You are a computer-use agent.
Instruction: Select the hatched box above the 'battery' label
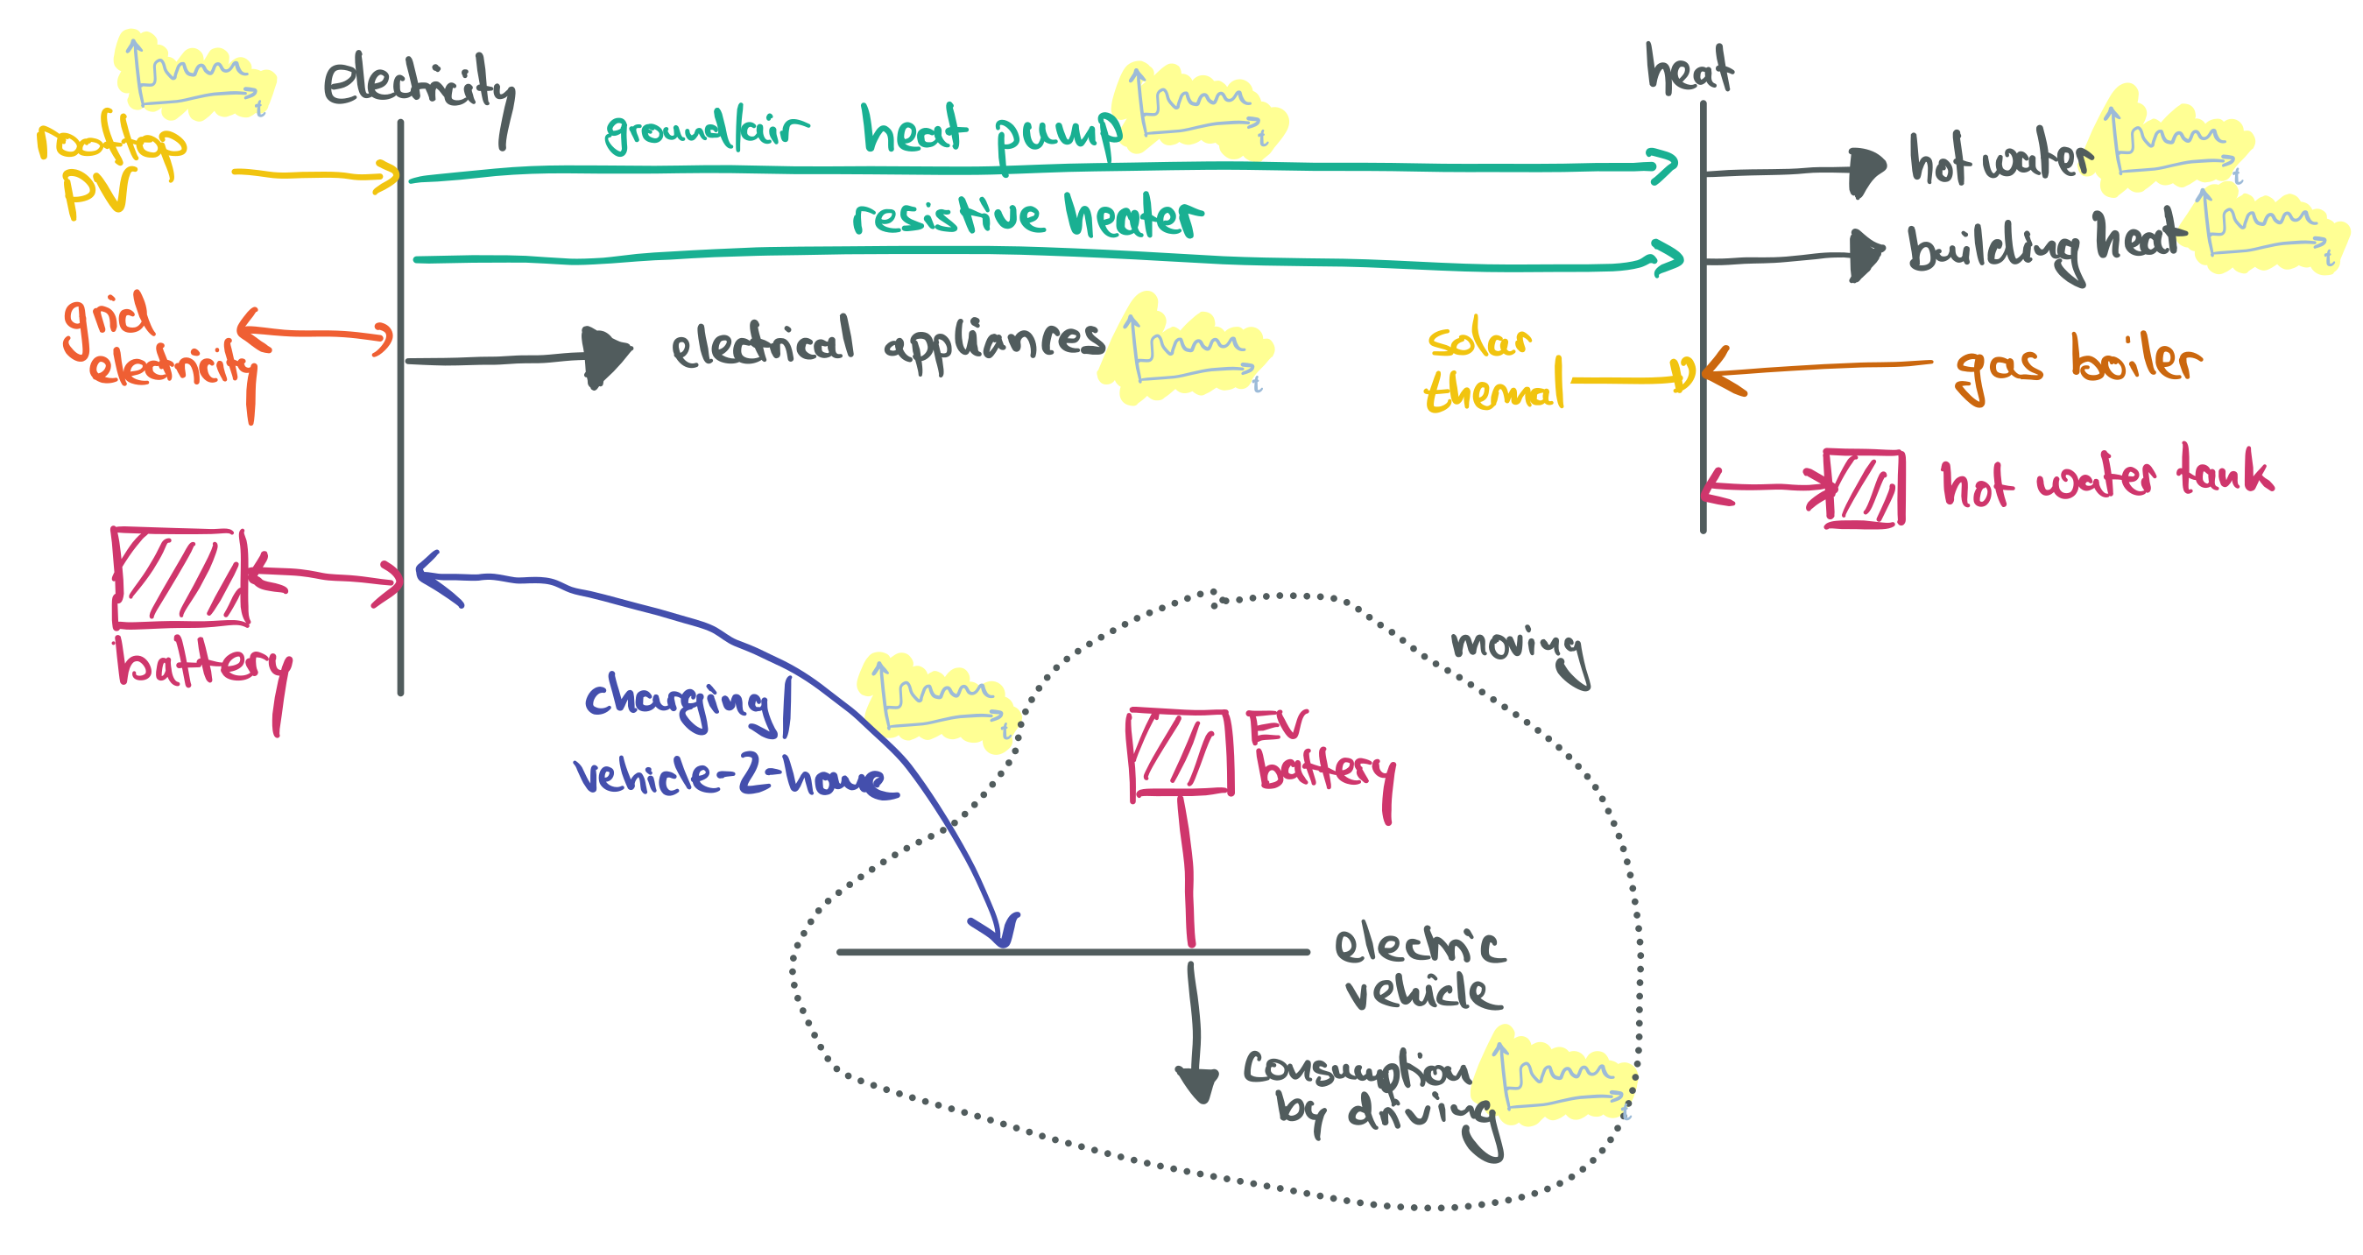click(x=180, y=577)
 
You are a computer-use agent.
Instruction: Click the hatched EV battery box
click(x=1180, y=751)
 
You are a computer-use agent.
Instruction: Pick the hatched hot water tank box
click(x=1863, y=487)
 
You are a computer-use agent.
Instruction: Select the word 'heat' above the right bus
click(x=1689, y=69)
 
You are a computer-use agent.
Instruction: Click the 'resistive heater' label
click(x=1027, y=217)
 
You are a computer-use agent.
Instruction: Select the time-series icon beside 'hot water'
click(x=2174, y=142)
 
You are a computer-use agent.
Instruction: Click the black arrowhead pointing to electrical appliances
click(x=605, y=356)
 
